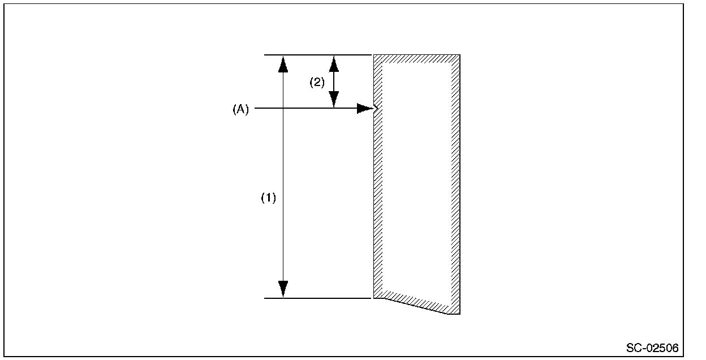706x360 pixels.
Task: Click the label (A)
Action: pos(241,110)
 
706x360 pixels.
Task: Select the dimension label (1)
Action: pos(268,198)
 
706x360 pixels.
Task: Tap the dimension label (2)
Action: pos(317,83)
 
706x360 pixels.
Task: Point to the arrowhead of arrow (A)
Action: pos(365,109)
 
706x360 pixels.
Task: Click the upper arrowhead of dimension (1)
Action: pos(283,64)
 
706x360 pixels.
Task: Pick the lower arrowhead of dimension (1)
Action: pos(283,289)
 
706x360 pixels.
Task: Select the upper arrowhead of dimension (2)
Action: pos(334,63)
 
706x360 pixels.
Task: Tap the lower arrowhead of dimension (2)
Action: pos(334,100)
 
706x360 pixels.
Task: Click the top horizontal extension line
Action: pos(317,55)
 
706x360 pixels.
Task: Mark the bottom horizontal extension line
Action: pos(317,298)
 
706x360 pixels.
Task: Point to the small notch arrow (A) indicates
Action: pos(376,108)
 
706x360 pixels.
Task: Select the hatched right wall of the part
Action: pos(455,181)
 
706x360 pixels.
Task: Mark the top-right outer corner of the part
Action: pos(459,55)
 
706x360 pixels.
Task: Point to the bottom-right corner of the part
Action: pos(458,313)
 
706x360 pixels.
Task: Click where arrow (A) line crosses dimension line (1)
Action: pos(283,109)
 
